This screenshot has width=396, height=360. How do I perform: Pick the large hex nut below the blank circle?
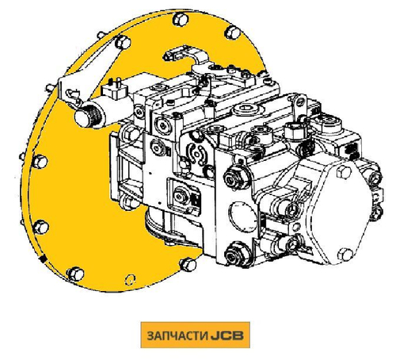[234, 254]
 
